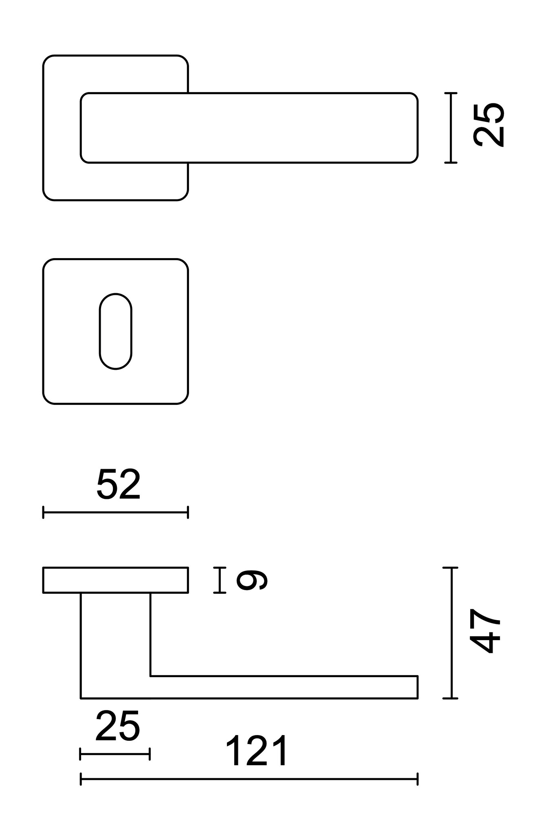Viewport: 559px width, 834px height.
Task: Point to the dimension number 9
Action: [252, 580]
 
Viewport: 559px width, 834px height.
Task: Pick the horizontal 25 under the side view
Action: [117, 726]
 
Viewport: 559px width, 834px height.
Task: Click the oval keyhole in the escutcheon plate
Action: [116, 331]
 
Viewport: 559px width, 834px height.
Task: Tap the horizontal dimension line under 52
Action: [116, 512]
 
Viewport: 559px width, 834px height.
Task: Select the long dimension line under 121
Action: [249, 779]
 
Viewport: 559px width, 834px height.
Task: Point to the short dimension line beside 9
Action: [220, 580]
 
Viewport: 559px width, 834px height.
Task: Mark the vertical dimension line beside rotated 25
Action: [451, 128]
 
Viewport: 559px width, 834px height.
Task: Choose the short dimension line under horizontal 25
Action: [115, 754]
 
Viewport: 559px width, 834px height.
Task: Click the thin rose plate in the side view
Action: [116, 580]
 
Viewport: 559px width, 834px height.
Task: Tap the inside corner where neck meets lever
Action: [151, 676]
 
